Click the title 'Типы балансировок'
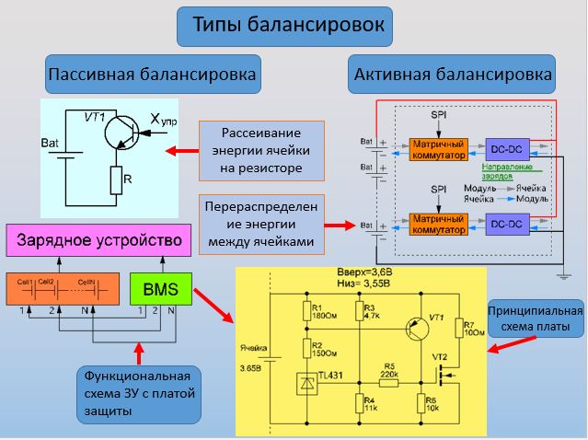point(285,25)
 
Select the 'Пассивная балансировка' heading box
point(152,74)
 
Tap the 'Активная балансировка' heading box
point(453,75)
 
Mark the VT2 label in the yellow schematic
point(440,356)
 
